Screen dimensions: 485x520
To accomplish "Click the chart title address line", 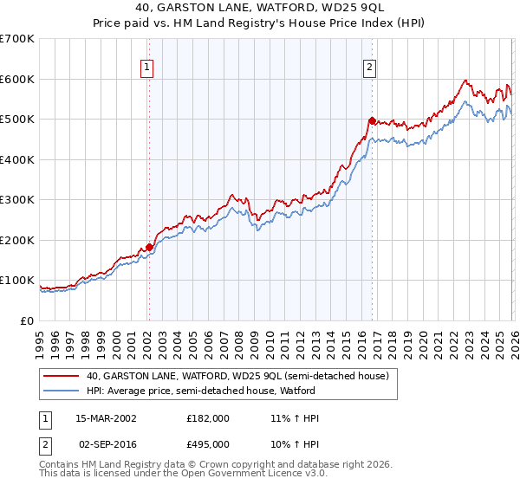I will (259, 9).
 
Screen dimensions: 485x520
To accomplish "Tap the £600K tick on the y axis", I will (17, 79).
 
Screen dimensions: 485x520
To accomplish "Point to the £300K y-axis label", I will (17, 200).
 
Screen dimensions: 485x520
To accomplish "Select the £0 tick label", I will (28, 320).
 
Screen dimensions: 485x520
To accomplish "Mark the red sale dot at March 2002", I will (148, 247).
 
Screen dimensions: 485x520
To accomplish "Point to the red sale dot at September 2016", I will (372, 120).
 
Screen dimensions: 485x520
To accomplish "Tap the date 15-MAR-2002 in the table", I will (107, 418).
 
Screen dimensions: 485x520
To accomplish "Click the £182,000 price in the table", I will (208, 418).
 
